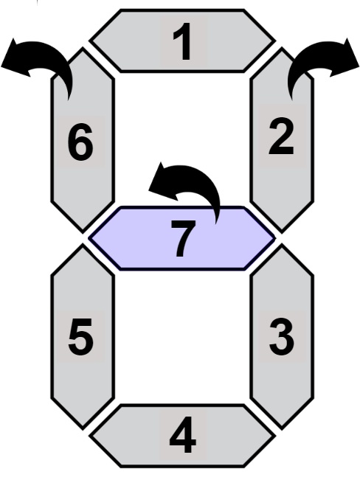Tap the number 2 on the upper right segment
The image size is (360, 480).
pyautogui.click(x=281, y=137)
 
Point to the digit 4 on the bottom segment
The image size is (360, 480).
pyautogui.click(x=183, y=435)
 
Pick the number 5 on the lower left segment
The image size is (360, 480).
pyautogui.click(x=80, y=337)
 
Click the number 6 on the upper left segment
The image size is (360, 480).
pyautogui.click(x=80, y=142)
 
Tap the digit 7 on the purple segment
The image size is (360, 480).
pyautogui.click(x=183, y=239)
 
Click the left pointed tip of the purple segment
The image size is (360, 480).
pyautogui.click(x=89, y=238)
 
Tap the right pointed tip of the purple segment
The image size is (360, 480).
pyautogui.click(x=275, y=238)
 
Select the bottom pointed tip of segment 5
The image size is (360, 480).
pyautogui.click(x=83, y=428)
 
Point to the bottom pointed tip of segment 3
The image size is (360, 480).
pyautogui.click(x=282, y=428)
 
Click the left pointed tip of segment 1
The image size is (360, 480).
pyautogui.click(x=90, y=41)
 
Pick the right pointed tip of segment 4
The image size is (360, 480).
pyautogui.click(x=274, y=436)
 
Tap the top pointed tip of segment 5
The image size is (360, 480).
pyautogui.click(x=83, y=246)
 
